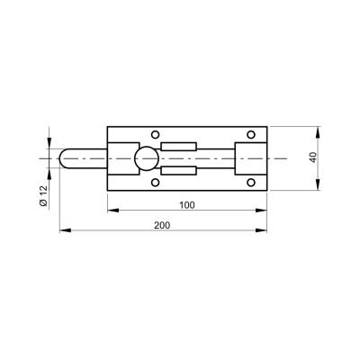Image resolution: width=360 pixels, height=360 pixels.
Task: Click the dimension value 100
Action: pos(187,205)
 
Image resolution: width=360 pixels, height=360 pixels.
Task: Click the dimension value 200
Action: pos(162,225)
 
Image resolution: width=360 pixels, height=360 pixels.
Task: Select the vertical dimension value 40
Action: pos(313,157)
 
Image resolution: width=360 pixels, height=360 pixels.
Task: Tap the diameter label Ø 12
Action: pos(43,196)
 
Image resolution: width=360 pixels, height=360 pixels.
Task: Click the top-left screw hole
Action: pos(155,134)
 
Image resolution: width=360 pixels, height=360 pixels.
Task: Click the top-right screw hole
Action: pos(251,134)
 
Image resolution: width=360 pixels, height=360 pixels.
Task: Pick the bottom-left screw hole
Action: pos(155,183)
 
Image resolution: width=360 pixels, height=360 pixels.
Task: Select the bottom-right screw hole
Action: pos(251,183)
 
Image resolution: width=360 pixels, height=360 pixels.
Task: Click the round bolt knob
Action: pos(146,158)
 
